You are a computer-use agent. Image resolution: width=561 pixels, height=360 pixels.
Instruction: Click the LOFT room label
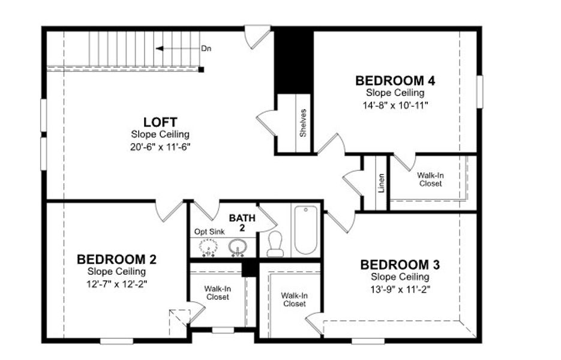160,122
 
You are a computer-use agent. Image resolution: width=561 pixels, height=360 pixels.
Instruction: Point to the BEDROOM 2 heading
117,259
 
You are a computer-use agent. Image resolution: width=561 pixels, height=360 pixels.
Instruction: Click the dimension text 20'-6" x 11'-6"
160,146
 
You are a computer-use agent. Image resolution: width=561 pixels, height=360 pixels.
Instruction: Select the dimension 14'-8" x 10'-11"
395,104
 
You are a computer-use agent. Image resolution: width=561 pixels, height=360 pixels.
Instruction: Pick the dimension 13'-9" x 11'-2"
400,289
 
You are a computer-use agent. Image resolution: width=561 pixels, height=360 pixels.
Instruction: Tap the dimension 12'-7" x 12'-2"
117,283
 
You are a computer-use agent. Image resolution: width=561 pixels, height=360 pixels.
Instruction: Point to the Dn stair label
206,49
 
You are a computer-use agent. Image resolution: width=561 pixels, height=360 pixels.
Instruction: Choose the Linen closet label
381,183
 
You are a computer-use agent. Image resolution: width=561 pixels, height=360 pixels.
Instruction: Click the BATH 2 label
242,222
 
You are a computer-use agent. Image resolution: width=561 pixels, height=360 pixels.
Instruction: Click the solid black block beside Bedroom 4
294,59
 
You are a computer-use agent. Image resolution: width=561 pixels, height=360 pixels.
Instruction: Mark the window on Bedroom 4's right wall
480,91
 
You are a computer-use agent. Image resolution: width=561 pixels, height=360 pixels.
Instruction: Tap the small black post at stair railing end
201,70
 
